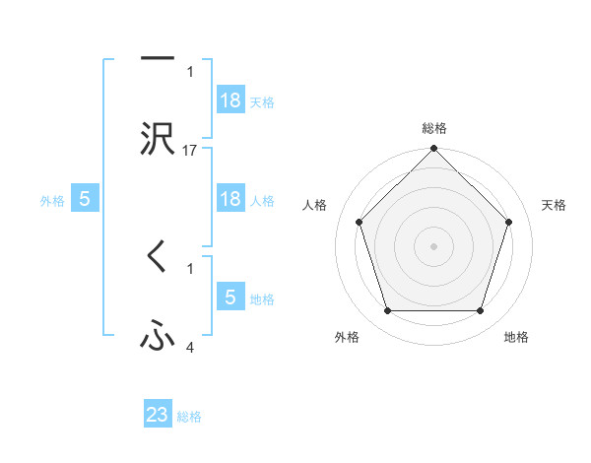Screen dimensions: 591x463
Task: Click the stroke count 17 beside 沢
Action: point(190,150)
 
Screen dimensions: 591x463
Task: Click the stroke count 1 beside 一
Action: point(190,71)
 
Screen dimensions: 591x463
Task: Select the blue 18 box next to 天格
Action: point(230,100)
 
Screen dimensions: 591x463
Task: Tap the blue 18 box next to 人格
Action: point(230,199)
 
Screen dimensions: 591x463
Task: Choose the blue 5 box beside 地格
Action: point(230,298)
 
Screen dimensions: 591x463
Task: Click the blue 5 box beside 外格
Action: point(85,199)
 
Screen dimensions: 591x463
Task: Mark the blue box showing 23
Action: point(158,415)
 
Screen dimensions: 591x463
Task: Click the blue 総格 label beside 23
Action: point(189,417)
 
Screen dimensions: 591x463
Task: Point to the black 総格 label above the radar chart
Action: point(434,128)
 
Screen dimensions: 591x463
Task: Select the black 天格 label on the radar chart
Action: point(555,205)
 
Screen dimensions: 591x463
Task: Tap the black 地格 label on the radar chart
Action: point(516,337)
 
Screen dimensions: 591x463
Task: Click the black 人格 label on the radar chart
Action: point(315,205)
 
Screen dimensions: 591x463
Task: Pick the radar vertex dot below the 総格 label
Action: point(433,150)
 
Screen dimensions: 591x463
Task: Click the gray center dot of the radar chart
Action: point(433,245)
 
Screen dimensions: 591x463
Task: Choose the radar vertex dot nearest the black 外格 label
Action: point(387,311)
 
